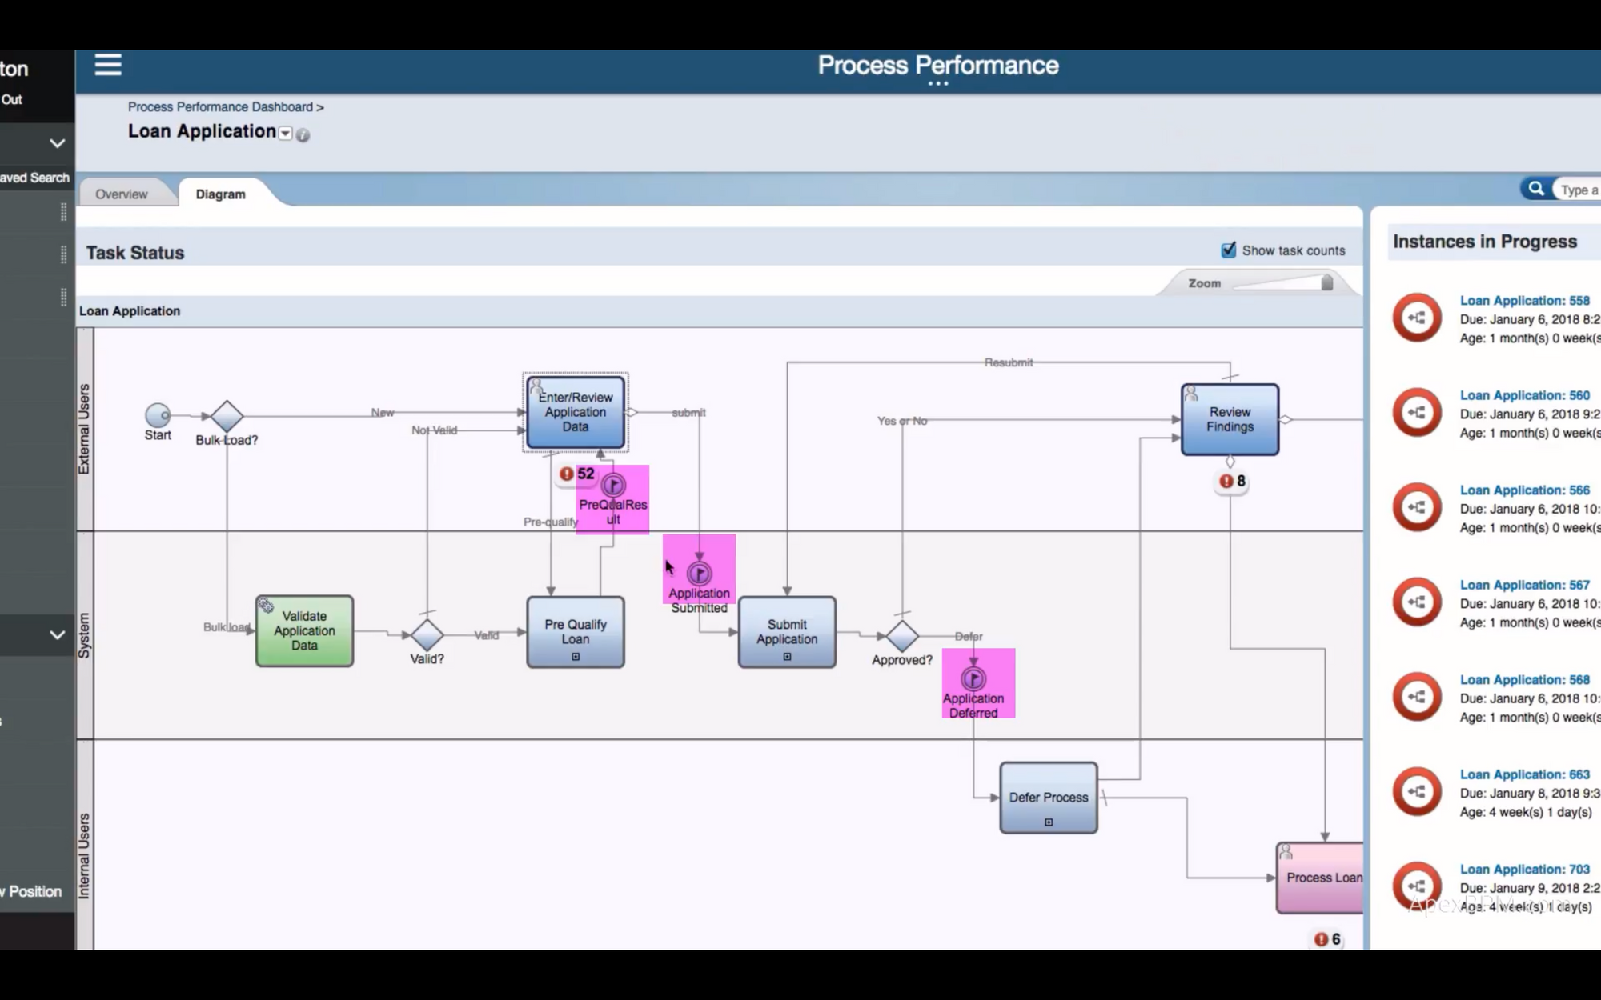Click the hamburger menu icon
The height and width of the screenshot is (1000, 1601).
[108, 65]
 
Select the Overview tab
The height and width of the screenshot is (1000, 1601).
[122, 194]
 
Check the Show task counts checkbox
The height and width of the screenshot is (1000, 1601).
[1228, 250]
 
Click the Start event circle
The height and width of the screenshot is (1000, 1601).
[158, 415]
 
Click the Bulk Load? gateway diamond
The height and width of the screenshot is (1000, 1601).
[227, 416]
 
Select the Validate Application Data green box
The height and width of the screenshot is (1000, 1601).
[304, 630]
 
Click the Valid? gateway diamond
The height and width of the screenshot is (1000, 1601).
[427, 634]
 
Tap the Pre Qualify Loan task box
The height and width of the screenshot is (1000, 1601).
[575, 631]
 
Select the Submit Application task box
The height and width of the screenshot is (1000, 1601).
[787, 631]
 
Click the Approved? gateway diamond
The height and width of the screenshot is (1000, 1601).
[902, 636]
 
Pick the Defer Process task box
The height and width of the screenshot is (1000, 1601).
[1048, 798]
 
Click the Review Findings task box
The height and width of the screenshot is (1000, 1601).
[1230, 419]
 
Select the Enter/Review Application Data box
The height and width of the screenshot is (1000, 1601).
[575, 412]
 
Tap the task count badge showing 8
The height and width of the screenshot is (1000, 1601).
[1232, 481]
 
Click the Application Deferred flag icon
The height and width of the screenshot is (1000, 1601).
[973, 679]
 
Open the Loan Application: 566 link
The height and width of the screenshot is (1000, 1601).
[1524, 490]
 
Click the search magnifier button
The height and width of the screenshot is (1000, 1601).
[1535, 189]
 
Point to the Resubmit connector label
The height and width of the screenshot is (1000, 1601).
[1008, 362]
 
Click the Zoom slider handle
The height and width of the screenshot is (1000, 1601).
[1326, 283]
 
